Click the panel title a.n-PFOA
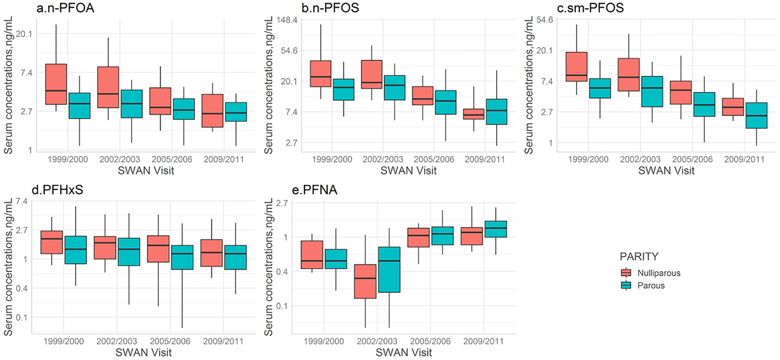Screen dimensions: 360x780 tap(65, 8)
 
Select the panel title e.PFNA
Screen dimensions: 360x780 tap(314, 190)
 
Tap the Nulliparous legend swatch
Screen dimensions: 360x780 tap(626, 273)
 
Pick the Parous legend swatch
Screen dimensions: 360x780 tap(626, 285)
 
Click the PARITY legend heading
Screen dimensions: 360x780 tap(639, 256)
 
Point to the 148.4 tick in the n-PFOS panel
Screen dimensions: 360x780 tap(287, 20)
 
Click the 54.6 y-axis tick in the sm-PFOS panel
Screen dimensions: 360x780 tap(544, 20)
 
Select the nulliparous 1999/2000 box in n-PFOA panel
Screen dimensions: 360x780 tap(56, 84)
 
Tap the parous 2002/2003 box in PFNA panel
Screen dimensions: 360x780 tap(389, 270)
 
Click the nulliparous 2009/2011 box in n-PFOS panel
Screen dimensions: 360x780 tap(474, 114)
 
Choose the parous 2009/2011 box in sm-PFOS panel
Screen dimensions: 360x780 tap(756, 116)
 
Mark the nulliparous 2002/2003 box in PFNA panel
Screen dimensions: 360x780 tap(365, 281)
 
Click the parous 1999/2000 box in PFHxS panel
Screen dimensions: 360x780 tap(76, 250)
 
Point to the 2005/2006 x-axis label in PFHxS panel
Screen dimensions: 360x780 tap(170, 341)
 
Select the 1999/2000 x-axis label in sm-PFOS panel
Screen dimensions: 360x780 tap(588, 159)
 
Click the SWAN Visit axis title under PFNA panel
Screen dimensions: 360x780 tap(404, 352)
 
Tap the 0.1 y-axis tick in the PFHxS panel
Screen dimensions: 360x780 tap(22, 317)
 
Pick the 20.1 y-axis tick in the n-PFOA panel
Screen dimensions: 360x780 tap(24, 34)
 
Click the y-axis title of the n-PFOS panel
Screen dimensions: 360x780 tap(268, 85)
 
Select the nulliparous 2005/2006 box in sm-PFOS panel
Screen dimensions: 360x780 tap(681, 92)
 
